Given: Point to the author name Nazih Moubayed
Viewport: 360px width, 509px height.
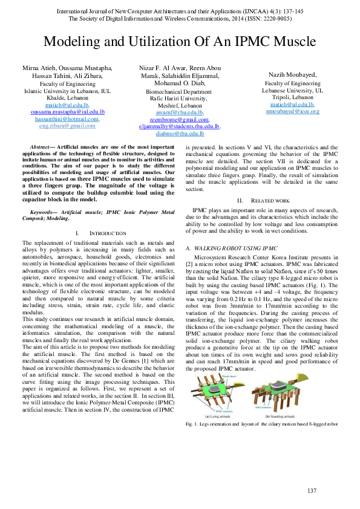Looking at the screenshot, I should pos(293,74).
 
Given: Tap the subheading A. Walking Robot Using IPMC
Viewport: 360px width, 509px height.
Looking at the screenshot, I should pos(231,248).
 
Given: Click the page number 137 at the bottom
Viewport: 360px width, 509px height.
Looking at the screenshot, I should pos(312,490).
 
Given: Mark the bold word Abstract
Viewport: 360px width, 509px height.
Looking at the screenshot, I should pos(41,148).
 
